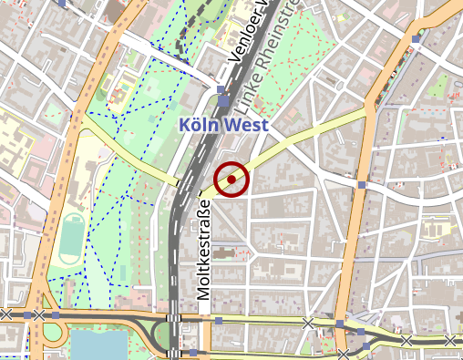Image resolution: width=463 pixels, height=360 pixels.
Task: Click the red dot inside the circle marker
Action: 232,180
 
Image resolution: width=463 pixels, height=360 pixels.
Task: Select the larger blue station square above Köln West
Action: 223,89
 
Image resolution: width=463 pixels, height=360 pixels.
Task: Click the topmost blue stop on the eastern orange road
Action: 416,39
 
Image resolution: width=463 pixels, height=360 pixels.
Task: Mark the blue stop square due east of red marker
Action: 362,186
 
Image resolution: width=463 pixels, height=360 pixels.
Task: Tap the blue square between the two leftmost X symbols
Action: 26,315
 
